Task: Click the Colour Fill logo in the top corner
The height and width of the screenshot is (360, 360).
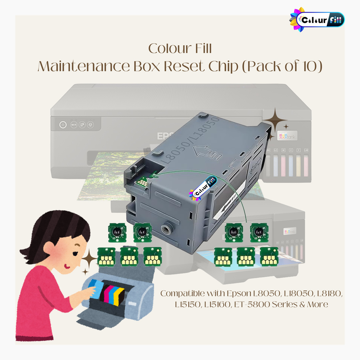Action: tap(317, 19)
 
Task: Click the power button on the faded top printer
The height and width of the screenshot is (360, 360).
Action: tap(63, 125)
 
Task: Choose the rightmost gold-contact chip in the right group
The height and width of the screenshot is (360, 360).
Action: tap(269, 256)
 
